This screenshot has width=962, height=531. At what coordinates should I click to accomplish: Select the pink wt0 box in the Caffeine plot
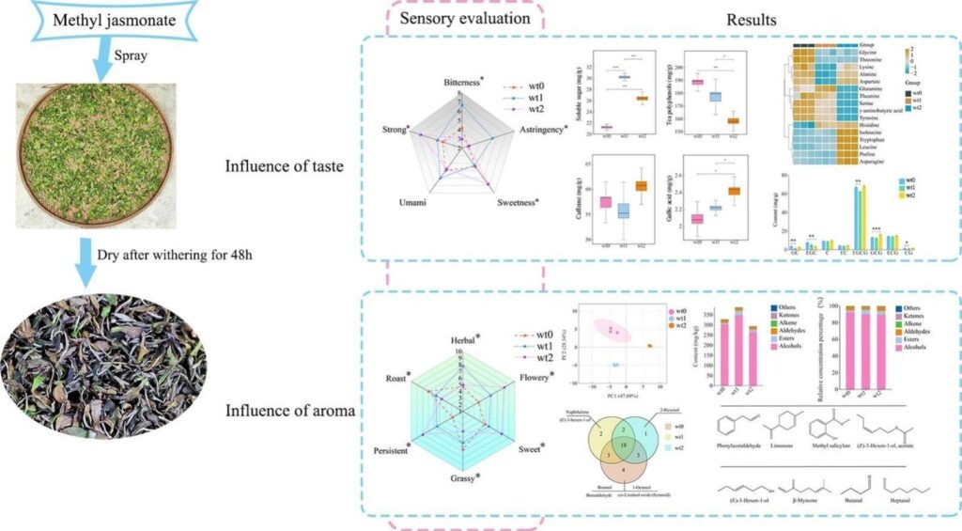coord(606,202)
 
